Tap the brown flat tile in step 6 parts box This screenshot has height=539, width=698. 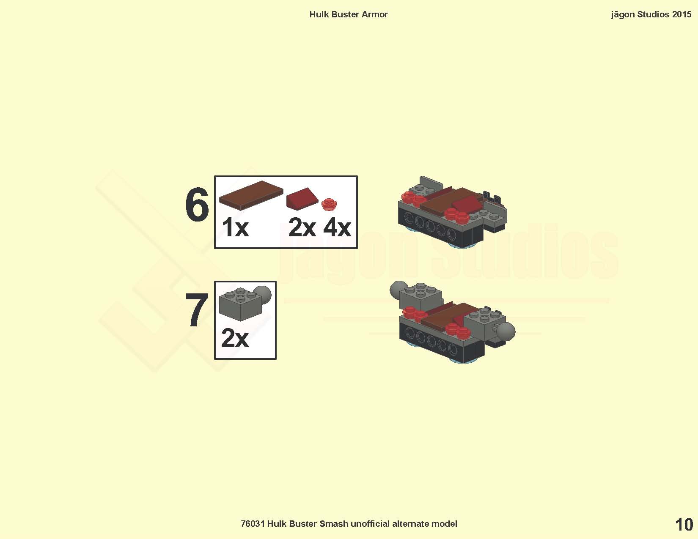251,195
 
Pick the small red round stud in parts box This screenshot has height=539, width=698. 329,204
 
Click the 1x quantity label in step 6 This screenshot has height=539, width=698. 235,227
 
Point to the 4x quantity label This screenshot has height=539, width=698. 337,227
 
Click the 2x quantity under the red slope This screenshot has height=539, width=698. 302,227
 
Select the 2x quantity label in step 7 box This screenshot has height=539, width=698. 235,338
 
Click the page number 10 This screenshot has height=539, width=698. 684,525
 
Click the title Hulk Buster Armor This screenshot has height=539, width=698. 349,14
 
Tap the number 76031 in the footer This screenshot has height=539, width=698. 253,524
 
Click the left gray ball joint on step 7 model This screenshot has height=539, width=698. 398,290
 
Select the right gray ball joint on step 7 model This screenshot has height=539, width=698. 506,331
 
